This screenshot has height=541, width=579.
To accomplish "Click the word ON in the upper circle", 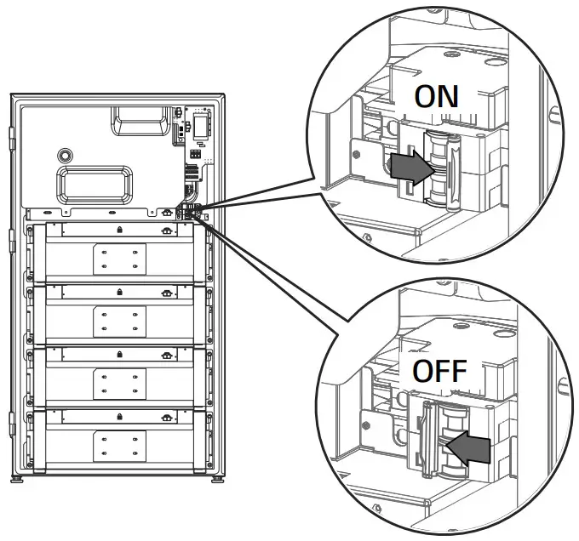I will (437, 95).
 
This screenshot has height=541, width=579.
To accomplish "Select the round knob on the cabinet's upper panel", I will (64, 156).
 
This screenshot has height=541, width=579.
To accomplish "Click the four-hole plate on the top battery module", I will (118, 259).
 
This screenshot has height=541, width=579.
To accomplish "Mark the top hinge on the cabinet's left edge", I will (10, 134).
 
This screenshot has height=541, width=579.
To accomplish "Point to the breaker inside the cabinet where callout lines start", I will (188, 211).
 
